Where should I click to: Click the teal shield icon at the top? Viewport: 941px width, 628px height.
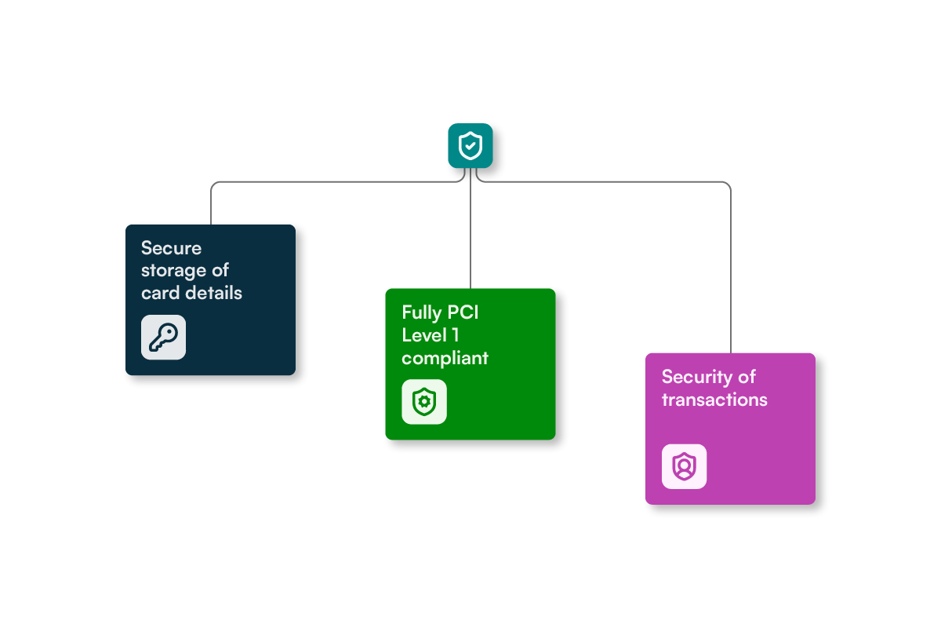click(470, 145)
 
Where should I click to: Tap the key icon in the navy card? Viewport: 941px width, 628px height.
click(163, 338)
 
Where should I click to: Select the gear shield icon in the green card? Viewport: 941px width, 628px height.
click(424, 402)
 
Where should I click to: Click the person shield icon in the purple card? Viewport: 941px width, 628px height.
click(684, 466)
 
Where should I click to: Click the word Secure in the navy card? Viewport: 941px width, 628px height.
click(171, 248)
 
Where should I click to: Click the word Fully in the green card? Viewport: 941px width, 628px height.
click(422, 313)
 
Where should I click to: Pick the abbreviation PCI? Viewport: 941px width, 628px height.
click(463, 312)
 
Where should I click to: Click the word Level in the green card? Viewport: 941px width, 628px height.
click(424, 335)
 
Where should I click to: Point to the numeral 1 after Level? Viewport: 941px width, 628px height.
click(456, 335)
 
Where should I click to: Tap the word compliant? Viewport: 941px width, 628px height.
click(445, 359)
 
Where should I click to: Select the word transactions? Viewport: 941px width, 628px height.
click(714, 400)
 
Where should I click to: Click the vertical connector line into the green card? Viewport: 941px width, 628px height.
click(470, 228)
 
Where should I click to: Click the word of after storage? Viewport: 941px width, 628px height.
click(220, 271)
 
